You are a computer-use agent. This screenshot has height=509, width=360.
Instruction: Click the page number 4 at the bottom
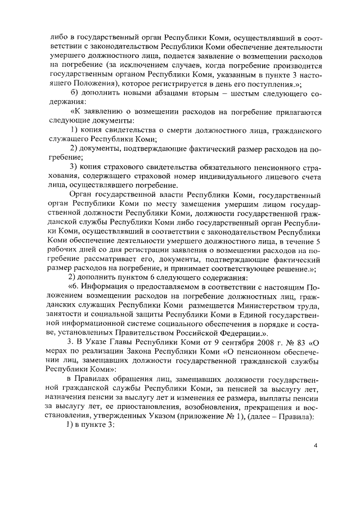(x=316, y=445)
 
